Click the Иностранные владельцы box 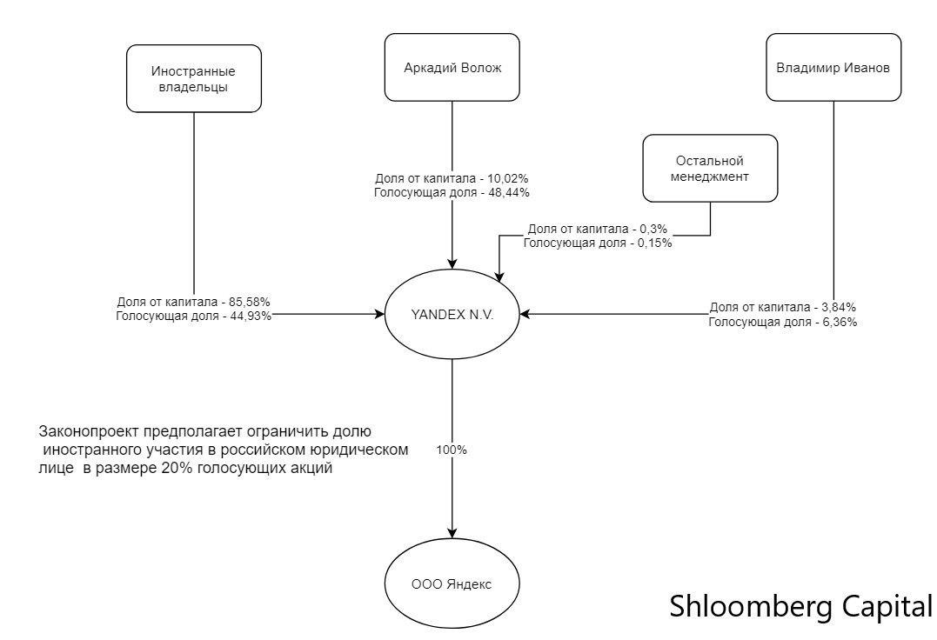pyautogui.click(x=194, y=78)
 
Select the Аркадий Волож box pyautogui.click(x=452, y=67)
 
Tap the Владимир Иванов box pyautogui.click(x=833, y=67)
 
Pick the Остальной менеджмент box pyautogui.click(x=710, y=168)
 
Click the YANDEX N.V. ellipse pyautogui.click(x=452, y=315)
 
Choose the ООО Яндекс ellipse pyautogui.click(x=452, y=584)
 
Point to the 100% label pyautogui.click(x=452, y=450)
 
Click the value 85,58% pyautogui.click(x=249, y=302)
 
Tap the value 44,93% pyautogui.click(x=250, y=317)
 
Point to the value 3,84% pyautogui.click(x=835, y=307)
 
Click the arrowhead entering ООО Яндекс pyautogui.click(x=452, y=533)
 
